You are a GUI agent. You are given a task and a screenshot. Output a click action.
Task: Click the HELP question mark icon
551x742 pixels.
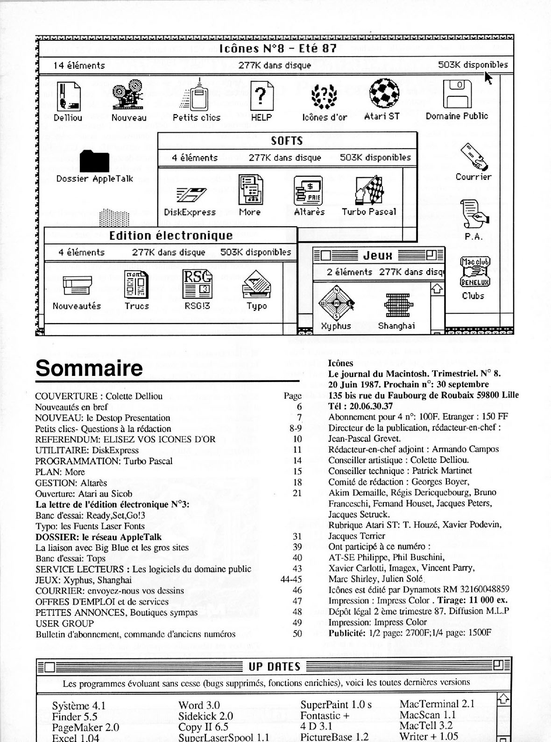pos(261,96)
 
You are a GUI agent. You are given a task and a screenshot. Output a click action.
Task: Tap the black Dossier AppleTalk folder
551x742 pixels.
pos(94,161)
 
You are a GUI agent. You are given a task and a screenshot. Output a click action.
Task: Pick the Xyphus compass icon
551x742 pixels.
pos(336,303)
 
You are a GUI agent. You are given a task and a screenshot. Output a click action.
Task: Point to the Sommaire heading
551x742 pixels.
pos(89,368)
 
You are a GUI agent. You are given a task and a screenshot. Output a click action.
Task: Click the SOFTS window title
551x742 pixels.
pos(287,141)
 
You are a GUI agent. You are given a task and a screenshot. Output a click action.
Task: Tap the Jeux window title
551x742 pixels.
pos(378,255)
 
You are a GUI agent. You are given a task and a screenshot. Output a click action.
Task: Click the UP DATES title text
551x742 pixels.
pos(274,666)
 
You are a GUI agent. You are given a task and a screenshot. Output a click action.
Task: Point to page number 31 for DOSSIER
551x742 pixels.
pos(297,536)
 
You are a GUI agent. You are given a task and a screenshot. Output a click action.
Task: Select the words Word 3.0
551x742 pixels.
pos(199,705)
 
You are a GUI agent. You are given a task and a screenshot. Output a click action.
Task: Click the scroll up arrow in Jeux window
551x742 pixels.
pos(437,288)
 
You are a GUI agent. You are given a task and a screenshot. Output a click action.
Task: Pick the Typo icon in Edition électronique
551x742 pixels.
pos(256,285)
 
